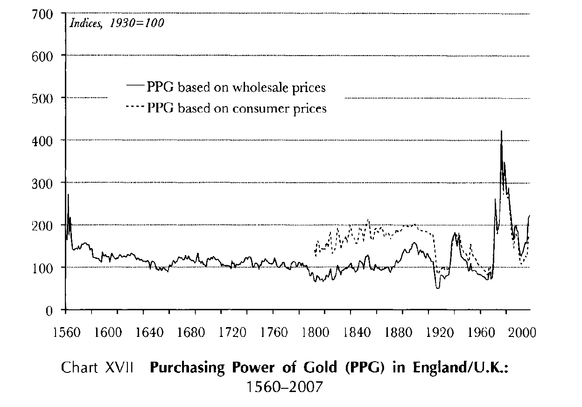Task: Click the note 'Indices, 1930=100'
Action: click(117, 23)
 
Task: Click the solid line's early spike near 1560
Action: click(68, 195)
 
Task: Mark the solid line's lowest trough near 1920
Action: click(437, 287)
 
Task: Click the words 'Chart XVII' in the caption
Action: click(98, 368)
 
